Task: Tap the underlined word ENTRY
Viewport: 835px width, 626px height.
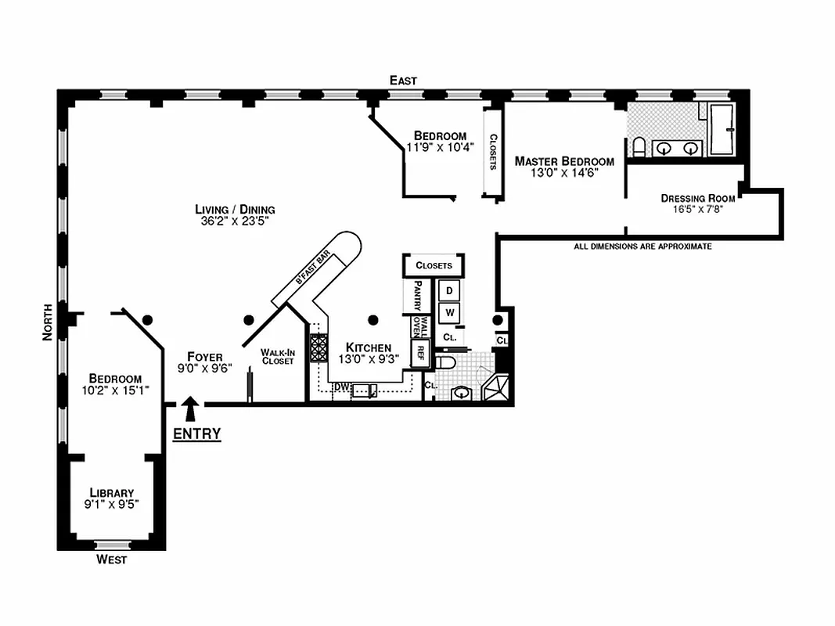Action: click(196, 434)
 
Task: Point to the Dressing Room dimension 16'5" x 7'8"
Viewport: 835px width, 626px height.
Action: click(697, 210)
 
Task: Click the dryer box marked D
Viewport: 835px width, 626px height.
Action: click(449, 290)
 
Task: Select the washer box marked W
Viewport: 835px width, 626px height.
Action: click(449, 313)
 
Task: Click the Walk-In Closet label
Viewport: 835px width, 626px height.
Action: click(278, 357)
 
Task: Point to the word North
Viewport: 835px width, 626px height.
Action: click(49, 322)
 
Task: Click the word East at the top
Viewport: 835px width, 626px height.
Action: click(404, 81)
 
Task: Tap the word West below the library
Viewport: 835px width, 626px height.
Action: click(111, 559)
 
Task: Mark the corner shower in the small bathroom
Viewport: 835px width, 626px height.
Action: click(496, 388)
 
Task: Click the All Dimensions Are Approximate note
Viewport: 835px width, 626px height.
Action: click(642, 246)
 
